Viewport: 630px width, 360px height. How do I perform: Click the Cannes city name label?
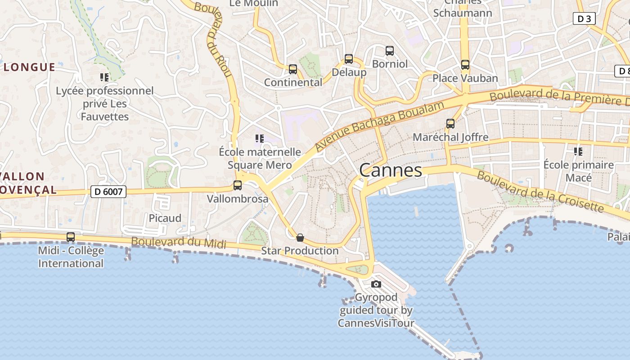pyautogui.click(x=391, y=170)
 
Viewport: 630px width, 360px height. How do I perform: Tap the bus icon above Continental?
pyautogui.click(x=293, y=69)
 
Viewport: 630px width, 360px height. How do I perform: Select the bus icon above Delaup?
pyautogui.click(x=349, y=59)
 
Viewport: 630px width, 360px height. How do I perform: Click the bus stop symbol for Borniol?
pyautogui.click(x=390, y=51)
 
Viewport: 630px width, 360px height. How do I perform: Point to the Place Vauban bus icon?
pyautogui.click(x=465, y=65)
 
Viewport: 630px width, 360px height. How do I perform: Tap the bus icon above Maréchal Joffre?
pyautogui.click(x=450, y=124)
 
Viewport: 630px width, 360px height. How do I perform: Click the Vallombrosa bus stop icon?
pyautogui.click(x=238, y=185)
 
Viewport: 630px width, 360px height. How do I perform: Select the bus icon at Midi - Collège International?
pyautogui.click(x=71, y=237)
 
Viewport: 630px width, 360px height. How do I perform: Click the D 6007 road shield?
pyautogui.click(x=108, y=192)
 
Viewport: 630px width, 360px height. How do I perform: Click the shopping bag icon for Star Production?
pyautogui.click(x=300, y=238)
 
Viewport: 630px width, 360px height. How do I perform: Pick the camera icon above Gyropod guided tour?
pyautogui.click(x=376, y=284)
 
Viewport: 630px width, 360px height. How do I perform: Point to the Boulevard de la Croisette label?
pyautogui.click(x=540, y=192)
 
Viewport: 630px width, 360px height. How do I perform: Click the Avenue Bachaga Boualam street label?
pyautogui.click(x=379, y=126)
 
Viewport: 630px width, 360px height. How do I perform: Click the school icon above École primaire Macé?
pyautogui.click(x=578, y=152)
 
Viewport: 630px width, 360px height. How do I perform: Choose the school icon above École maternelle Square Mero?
pyautogui.click(x=259, y=139)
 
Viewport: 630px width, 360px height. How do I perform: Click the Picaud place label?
pyautogui.click(x=165, y=218)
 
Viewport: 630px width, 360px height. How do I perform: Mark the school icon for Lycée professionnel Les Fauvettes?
pyautogui.click(x=104, y=77)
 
